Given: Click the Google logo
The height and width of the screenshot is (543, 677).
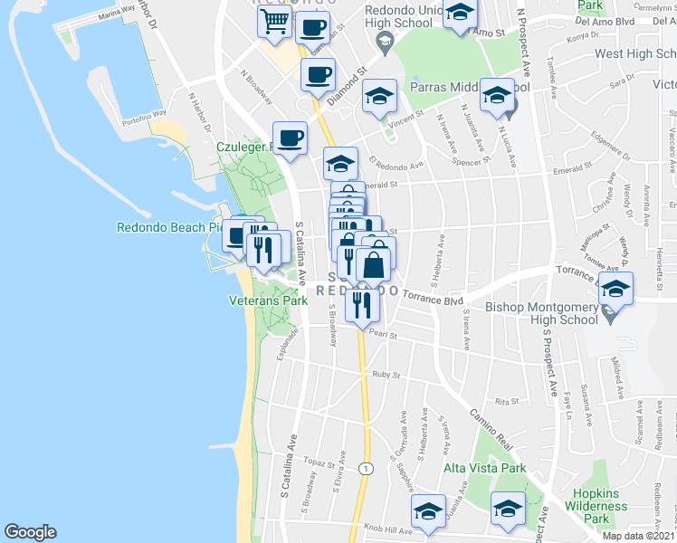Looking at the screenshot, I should (31, 532).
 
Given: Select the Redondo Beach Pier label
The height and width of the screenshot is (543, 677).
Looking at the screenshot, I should (169, 227).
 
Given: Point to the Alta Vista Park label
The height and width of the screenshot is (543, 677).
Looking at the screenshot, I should (484, 469).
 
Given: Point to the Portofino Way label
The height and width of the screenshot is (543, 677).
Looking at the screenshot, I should (147, 114).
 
